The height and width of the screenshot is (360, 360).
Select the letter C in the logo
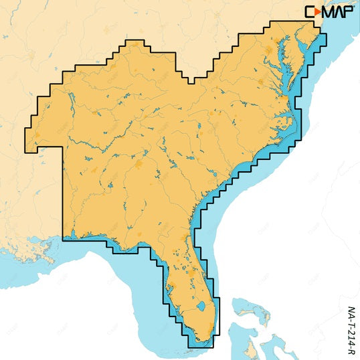click(x=310, y=11)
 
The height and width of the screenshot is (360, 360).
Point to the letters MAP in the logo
click(x=339, y=11)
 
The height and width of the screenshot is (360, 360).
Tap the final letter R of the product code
click(x=352, y=351)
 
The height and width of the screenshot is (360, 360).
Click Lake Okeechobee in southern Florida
click(x=201, y=308)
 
